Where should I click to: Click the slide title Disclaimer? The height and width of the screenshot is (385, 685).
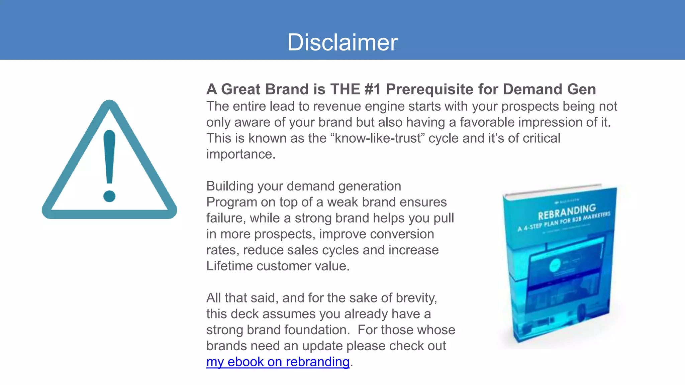pos(342,42)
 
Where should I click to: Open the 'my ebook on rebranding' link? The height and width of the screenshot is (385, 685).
pos(278,362)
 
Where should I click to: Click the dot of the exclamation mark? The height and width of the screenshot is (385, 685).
pos(109,196)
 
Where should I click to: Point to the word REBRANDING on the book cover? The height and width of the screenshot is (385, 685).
pos(567,212)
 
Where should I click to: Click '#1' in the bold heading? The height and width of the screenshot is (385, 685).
pos(373,89)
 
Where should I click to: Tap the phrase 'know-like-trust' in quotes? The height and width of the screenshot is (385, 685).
pos(378,138)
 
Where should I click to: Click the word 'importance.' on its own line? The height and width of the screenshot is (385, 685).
pos(241,154)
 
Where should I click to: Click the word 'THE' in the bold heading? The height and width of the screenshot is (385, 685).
pos(345,89)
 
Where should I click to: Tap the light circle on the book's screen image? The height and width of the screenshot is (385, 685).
pos(555,266)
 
